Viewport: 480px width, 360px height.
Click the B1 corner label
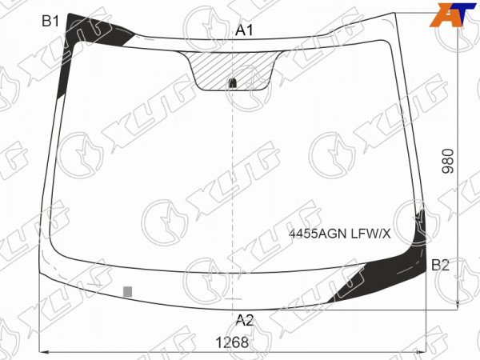coord(50,21)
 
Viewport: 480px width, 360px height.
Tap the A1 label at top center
coord(244,30)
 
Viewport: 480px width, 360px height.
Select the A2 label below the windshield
coord(245,320)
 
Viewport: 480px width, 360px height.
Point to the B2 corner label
coord(440,265)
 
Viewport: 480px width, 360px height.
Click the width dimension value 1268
coord(232,342)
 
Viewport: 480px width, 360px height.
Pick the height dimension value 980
coord(447,162)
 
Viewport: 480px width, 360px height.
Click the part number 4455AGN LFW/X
coord(340,234)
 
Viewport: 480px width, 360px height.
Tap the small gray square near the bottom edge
coord(128,292)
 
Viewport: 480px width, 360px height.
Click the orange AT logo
coord(453,15)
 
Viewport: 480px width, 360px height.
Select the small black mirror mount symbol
coord(232,82)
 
